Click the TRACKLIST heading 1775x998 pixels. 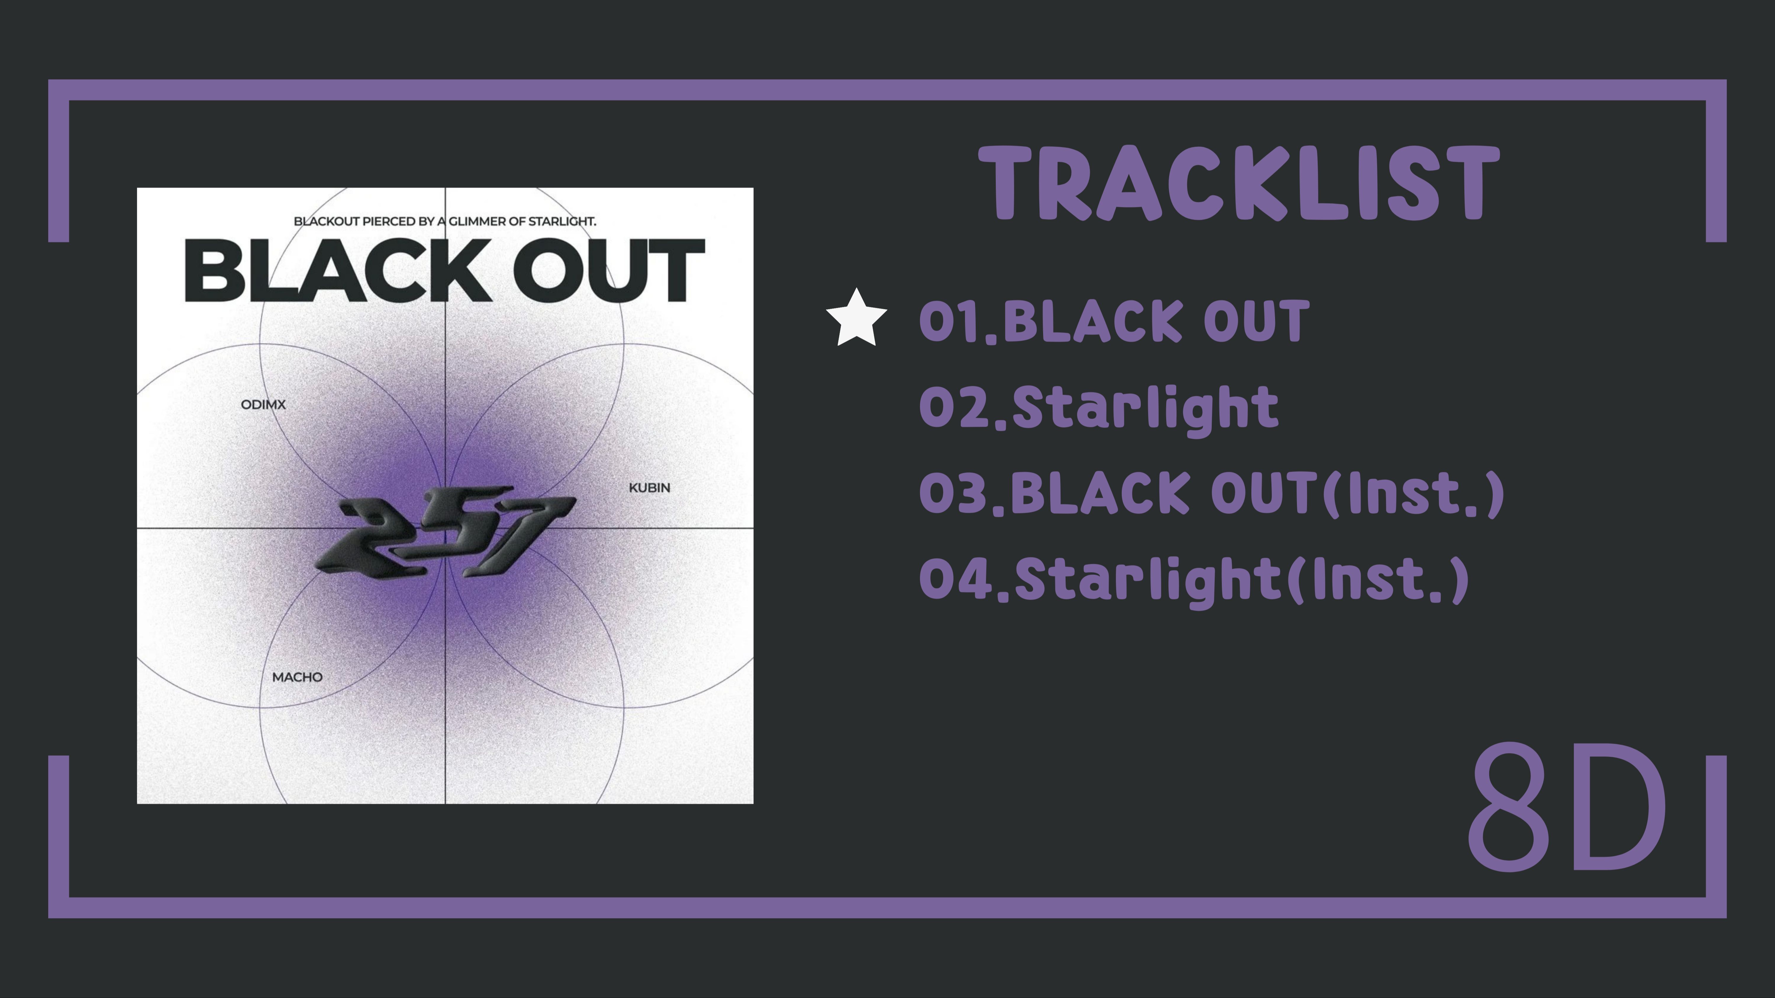point(1238,185)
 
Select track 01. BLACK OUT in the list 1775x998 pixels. point(1114,321)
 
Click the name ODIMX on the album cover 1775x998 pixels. point(263,404)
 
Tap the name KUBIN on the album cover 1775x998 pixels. point(649,488)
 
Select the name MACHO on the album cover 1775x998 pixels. point(297,677)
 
